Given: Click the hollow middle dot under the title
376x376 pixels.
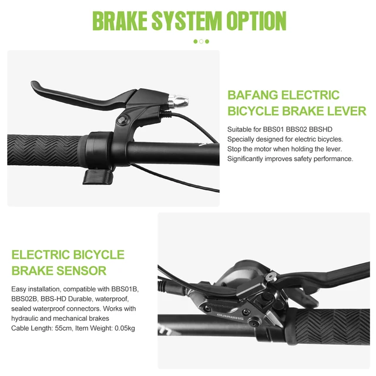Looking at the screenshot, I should (202, 42).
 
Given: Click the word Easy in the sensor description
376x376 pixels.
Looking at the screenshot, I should (19, 290).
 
